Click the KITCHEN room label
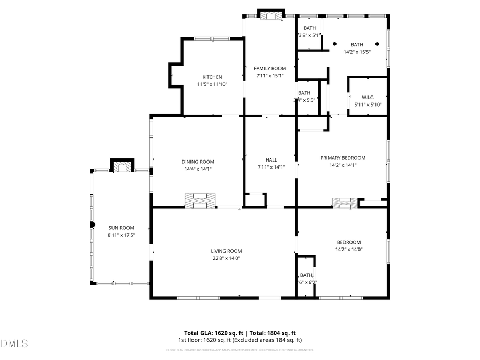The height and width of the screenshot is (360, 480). [212, 77]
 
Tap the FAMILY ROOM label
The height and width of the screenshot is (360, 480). [269, 68]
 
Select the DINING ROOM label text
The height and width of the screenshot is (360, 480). [197, 162]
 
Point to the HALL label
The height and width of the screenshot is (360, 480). [271, 160]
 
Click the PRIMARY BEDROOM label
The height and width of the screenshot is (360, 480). [342, 158]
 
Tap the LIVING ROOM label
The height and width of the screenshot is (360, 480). [226, 251]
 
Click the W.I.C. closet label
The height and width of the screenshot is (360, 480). [368, 97]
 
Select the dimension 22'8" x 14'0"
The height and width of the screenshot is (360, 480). [226, 258]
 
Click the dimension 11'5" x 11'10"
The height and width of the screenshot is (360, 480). [212, 84]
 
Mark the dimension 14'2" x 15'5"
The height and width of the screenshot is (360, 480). [356, 52]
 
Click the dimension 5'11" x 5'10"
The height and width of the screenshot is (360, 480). [368, 104]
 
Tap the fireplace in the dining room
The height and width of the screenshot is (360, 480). [201, 200]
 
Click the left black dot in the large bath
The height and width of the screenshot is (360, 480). [334, 44]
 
